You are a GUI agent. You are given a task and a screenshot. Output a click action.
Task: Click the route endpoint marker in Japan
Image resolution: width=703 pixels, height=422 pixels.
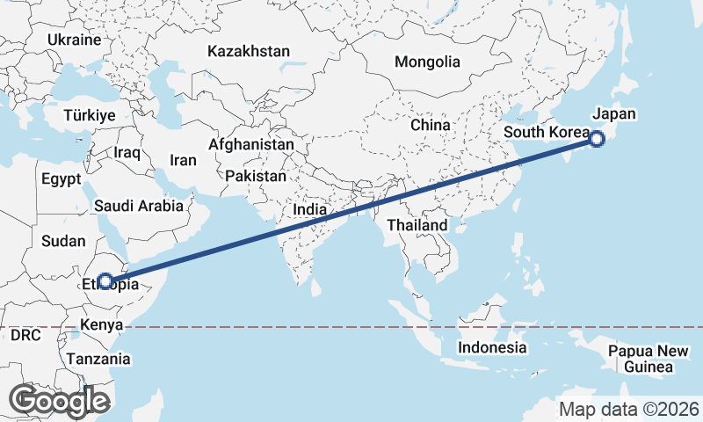[597, 138]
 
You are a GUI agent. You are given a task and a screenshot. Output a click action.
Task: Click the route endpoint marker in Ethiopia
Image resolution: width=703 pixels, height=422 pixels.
[105, 281]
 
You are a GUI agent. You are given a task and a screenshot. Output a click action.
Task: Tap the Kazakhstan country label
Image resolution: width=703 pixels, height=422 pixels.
[249, 52]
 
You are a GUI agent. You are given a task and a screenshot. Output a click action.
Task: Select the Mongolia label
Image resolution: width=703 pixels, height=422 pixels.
[427, 62]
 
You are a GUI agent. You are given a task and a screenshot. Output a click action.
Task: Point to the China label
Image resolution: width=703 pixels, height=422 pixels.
[431, 126]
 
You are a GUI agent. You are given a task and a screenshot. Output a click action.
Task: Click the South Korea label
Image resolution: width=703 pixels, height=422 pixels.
[545, 133]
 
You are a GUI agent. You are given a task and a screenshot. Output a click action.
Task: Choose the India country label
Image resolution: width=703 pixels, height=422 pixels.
[310, 210]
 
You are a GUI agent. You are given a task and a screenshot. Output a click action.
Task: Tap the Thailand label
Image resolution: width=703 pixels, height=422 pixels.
[417, 226]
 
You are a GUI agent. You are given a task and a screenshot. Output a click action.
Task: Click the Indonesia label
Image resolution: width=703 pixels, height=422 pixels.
[492, 348]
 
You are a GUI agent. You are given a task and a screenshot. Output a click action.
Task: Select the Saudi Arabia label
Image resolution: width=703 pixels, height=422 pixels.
[139, 207]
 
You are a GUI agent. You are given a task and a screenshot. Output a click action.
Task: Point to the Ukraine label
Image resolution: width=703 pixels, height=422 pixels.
[75, 40]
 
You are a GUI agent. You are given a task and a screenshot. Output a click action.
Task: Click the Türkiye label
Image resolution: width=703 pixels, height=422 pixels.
[91, 116]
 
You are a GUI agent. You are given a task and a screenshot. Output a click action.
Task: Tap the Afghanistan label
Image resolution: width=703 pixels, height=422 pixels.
[251, 144]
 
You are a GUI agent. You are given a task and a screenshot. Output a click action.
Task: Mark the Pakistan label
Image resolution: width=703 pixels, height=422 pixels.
[256, 177]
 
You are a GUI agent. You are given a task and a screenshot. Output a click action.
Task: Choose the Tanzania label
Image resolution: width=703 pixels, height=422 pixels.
[98, 359]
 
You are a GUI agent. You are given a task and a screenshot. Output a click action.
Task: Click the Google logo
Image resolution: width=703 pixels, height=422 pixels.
[59, 401]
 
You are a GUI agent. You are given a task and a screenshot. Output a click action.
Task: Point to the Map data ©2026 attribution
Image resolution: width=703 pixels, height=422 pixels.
[629, 409]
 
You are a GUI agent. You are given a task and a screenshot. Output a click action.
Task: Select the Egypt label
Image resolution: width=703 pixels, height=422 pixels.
[61, 179]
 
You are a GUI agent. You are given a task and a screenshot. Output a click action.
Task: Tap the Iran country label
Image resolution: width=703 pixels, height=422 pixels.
[183, 161]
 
